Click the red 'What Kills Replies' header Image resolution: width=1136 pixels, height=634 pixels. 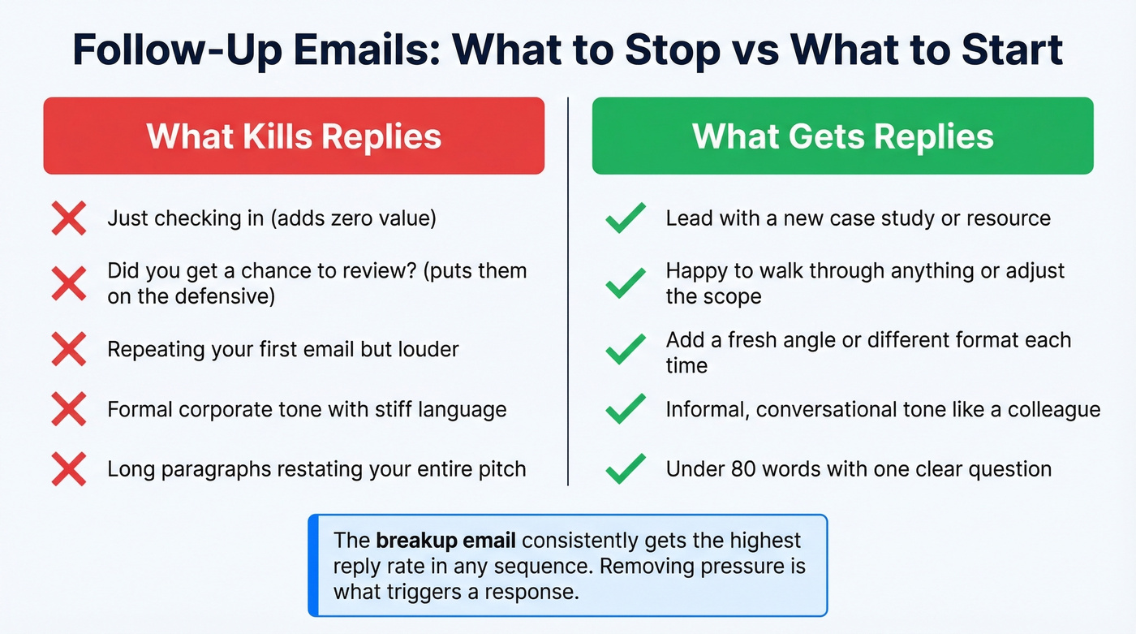(x=294, y=136)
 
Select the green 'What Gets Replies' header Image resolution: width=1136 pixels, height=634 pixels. (x=842, y=136)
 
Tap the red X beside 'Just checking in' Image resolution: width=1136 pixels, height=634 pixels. (x=69, y=219)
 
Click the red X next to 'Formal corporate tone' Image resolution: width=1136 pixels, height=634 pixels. (x=69, y=409)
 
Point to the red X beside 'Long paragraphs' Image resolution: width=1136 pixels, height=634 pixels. (x=69, y=469)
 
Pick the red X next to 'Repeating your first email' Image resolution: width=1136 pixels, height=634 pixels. (x=69, y=350)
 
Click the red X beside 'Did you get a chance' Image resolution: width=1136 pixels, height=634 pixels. (x=69, y=283)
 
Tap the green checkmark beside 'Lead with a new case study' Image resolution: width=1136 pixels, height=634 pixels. (x=626, y=219)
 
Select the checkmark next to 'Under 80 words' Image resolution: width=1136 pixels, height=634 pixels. (x=626, y=469)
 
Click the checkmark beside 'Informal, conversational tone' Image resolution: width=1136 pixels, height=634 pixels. (x=626, y=409)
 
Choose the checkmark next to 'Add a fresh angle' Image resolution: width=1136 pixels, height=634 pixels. (x=626, y=350)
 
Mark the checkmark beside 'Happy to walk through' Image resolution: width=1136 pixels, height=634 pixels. (x=626, y=283)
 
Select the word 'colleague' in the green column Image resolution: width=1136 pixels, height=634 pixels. (x=1054, y=409)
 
